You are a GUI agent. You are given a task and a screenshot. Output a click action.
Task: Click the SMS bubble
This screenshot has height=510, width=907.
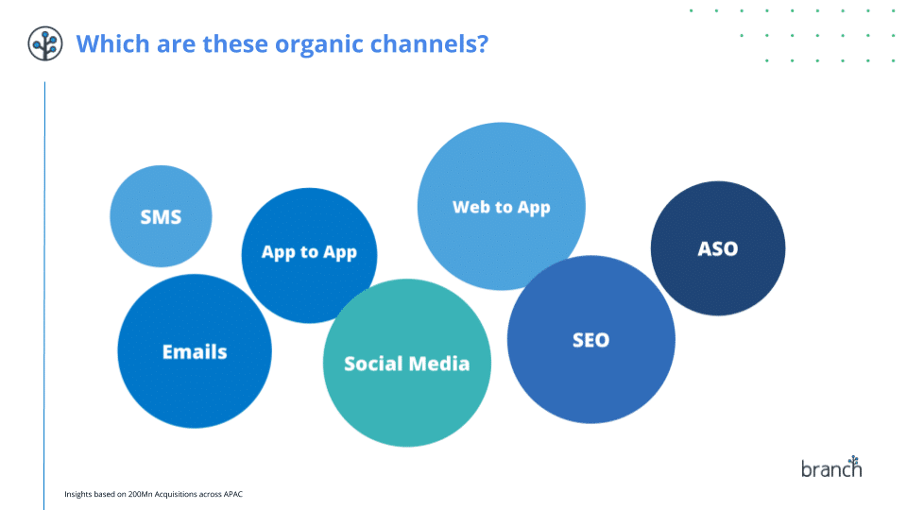click(x=161, y=216)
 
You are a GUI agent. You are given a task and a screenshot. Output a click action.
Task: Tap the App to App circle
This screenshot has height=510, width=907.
click(x=309, y=255)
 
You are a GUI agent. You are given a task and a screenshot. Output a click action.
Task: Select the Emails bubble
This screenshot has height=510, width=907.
click(x=195, y=351)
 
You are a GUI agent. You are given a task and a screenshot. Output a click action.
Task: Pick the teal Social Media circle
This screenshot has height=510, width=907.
click(x=406, y=363)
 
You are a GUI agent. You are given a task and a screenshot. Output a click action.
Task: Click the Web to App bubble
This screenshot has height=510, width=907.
click(x=502, y=206)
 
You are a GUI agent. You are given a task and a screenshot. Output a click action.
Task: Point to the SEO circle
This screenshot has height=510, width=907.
click(x=590, y=339)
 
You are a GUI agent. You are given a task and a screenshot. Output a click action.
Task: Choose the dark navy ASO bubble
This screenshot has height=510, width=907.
click(x=718, y=248)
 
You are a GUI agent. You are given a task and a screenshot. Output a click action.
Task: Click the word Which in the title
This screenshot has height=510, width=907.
click(x=112, y=43)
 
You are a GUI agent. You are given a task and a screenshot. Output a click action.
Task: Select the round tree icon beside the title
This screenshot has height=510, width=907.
click(x=45, y=43)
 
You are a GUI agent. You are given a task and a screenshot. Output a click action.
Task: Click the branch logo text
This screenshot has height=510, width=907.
click(x=831, y=467)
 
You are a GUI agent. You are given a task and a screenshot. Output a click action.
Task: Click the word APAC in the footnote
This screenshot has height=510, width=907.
click(x=233, y=494)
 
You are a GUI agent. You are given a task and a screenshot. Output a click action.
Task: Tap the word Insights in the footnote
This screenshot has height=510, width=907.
click(x=78, y=494)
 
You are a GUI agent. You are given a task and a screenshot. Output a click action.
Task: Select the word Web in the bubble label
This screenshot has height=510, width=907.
click(x=467, y=207)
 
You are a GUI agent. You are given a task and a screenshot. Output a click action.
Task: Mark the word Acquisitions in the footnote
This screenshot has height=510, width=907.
click(x=176, y=494)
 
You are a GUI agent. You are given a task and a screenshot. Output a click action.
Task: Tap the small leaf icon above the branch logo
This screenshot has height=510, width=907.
click(x=854, y=460)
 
